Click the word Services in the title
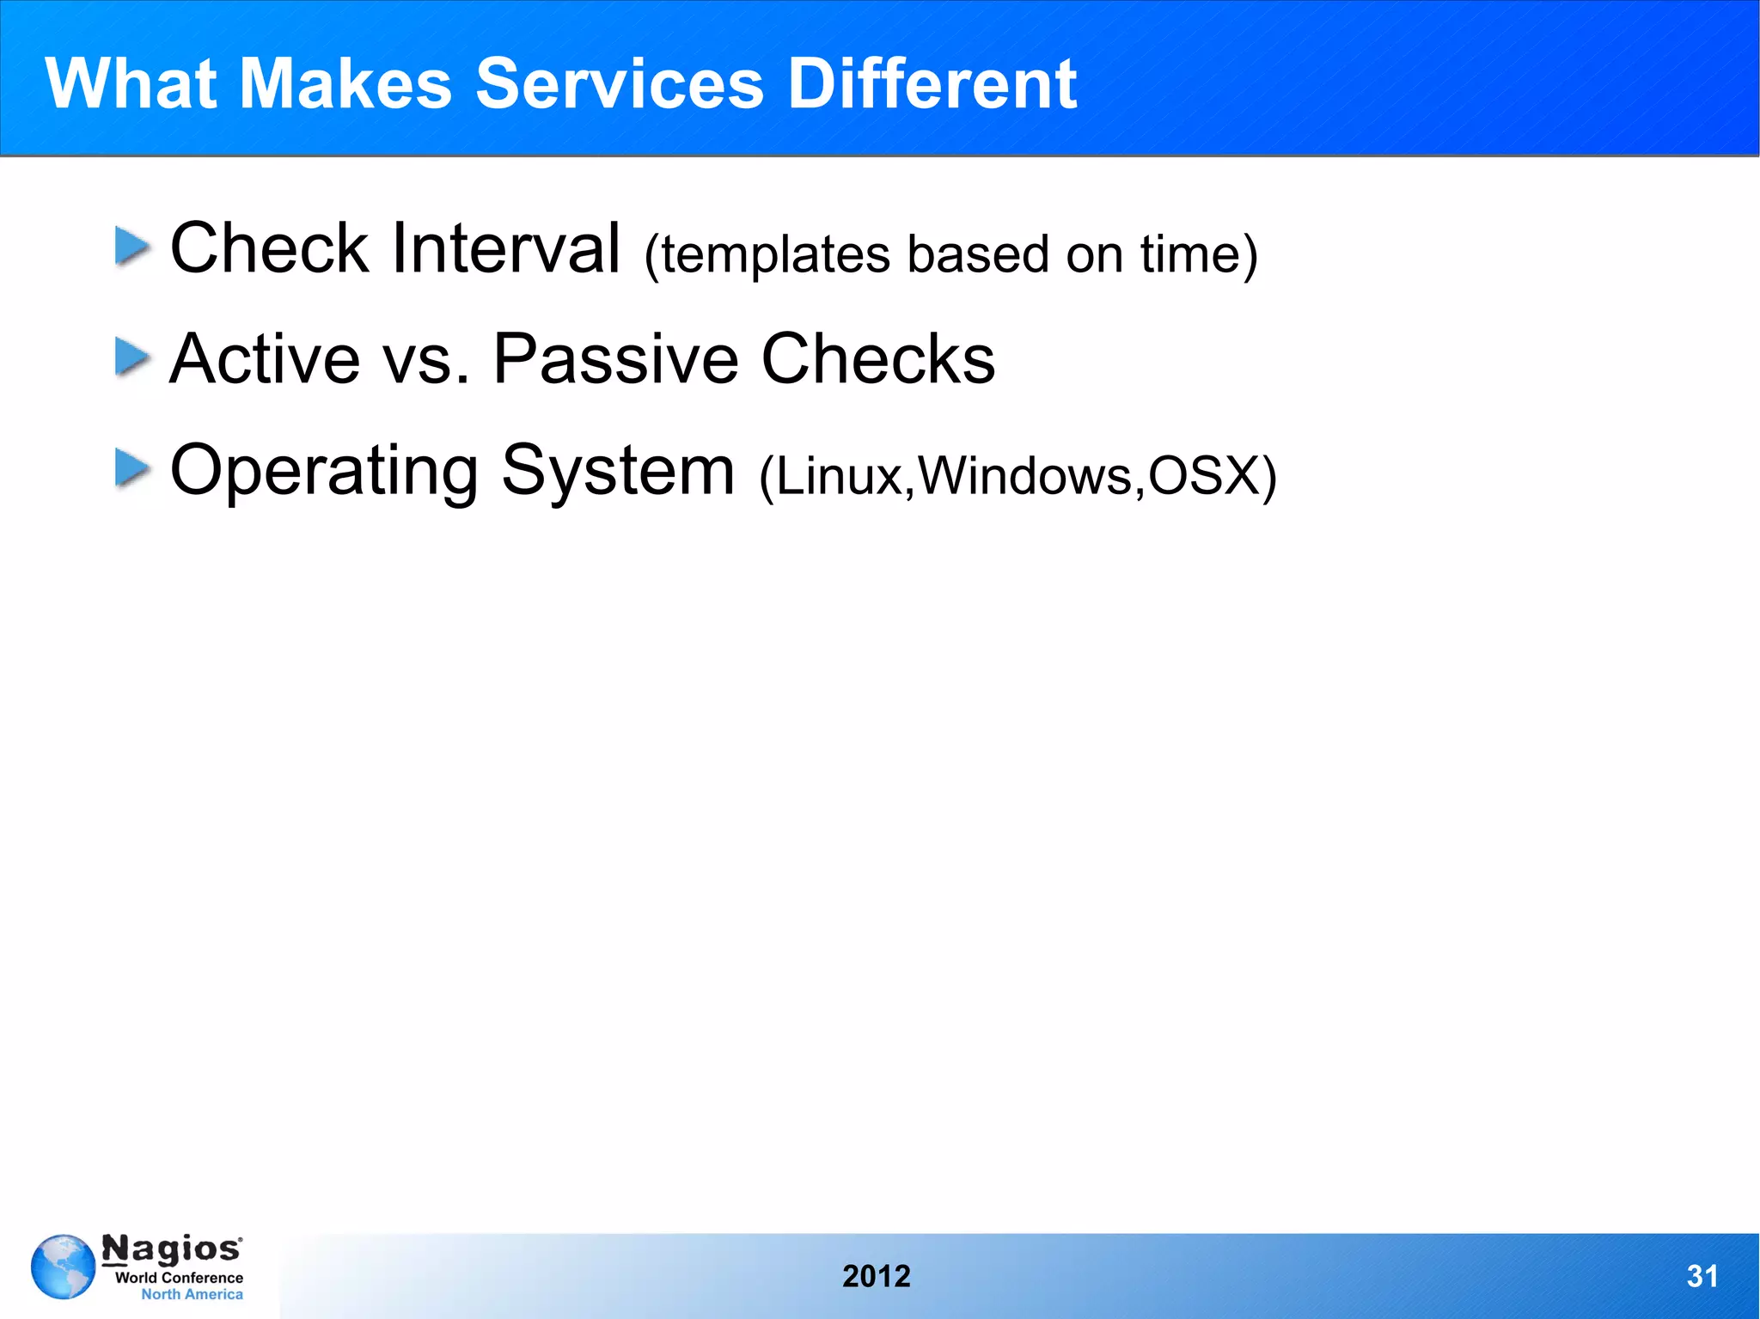[x=619, y=84]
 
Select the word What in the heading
[x=131, y=84]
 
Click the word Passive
[x=615, y=359]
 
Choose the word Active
[x=265, y=359]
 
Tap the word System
[x=617, y=471]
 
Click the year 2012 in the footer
[x=876, y=1276]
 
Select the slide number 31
[x=1702, y=1276]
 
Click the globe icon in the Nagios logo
[x=63, y=1267]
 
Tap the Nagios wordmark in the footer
[x=172, y=1249]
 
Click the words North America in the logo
[x=192, y=1294]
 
